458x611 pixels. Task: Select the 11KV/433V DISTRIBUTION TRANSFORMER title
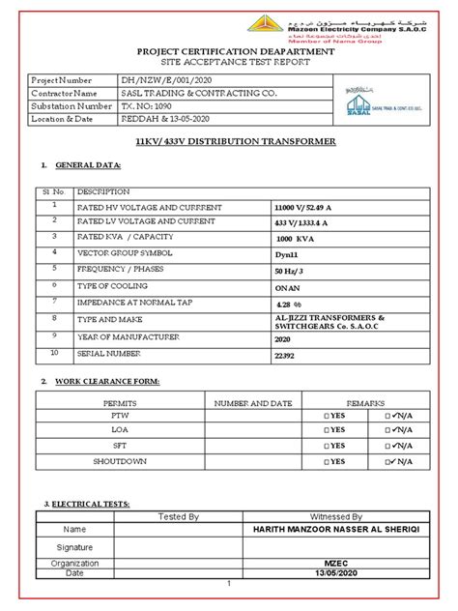click(228, 142)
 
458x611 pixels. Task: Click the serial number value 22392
click(287, 356)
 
